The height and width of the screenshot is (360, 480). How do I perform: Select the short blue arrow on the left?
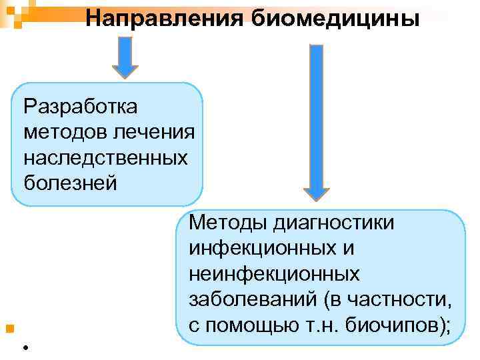pyautogui.click(x=124, y=57)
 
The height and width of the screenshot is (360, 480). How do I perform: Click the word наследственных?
pyautogui.click(x=105, y=157)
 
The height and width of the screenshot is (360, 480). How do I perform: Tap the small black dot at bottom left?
pyautogui.click(x=24, y=347)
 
